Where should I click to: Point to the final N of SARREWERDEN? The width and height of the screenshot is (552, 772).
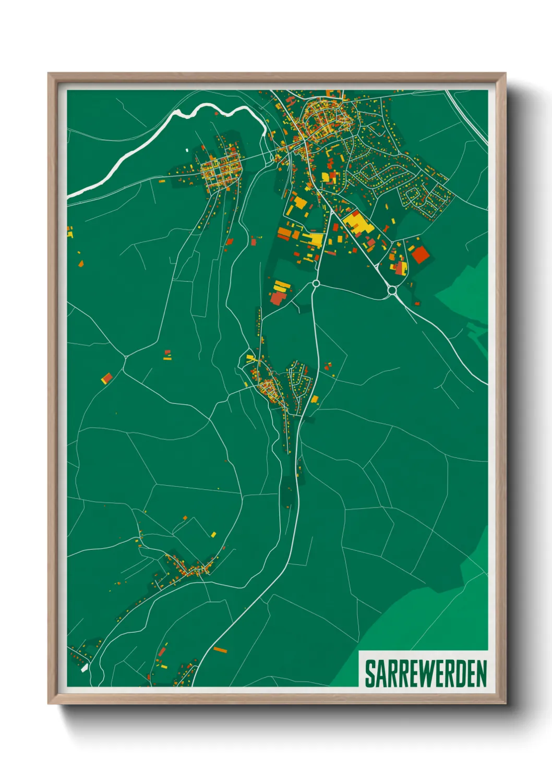coord(481,674)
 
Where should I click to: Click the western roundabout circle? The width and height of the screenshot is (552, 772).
coord(316,283)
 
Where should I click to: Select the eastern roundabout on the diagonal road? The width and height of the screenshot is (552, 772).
coord(392,290)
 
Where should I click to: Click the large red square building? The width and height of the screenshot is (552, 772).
coord(420,255)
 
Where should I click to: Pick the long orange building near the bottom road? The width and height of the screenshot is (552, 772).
coord(221,650)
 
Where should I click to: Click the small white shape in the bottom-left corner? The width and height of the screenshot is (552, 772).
coord(85,668)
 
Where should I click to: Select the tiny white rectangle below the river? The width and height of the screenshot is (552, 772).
coord(187,150)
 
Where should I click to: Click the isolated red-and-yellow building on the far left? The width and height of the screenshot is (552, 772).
coord(107,378)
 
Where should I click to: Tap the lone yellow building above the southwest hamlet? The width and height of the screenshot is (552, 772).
coord(213,534)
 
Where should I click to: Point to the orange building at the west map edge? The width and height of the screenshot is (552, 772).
coord(70,232)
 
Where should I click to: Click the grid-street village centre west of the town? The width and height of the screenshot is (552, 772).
coord(221,169)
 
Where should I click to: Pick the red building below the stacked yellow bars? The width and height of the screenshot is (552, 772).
coord(277,298)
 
